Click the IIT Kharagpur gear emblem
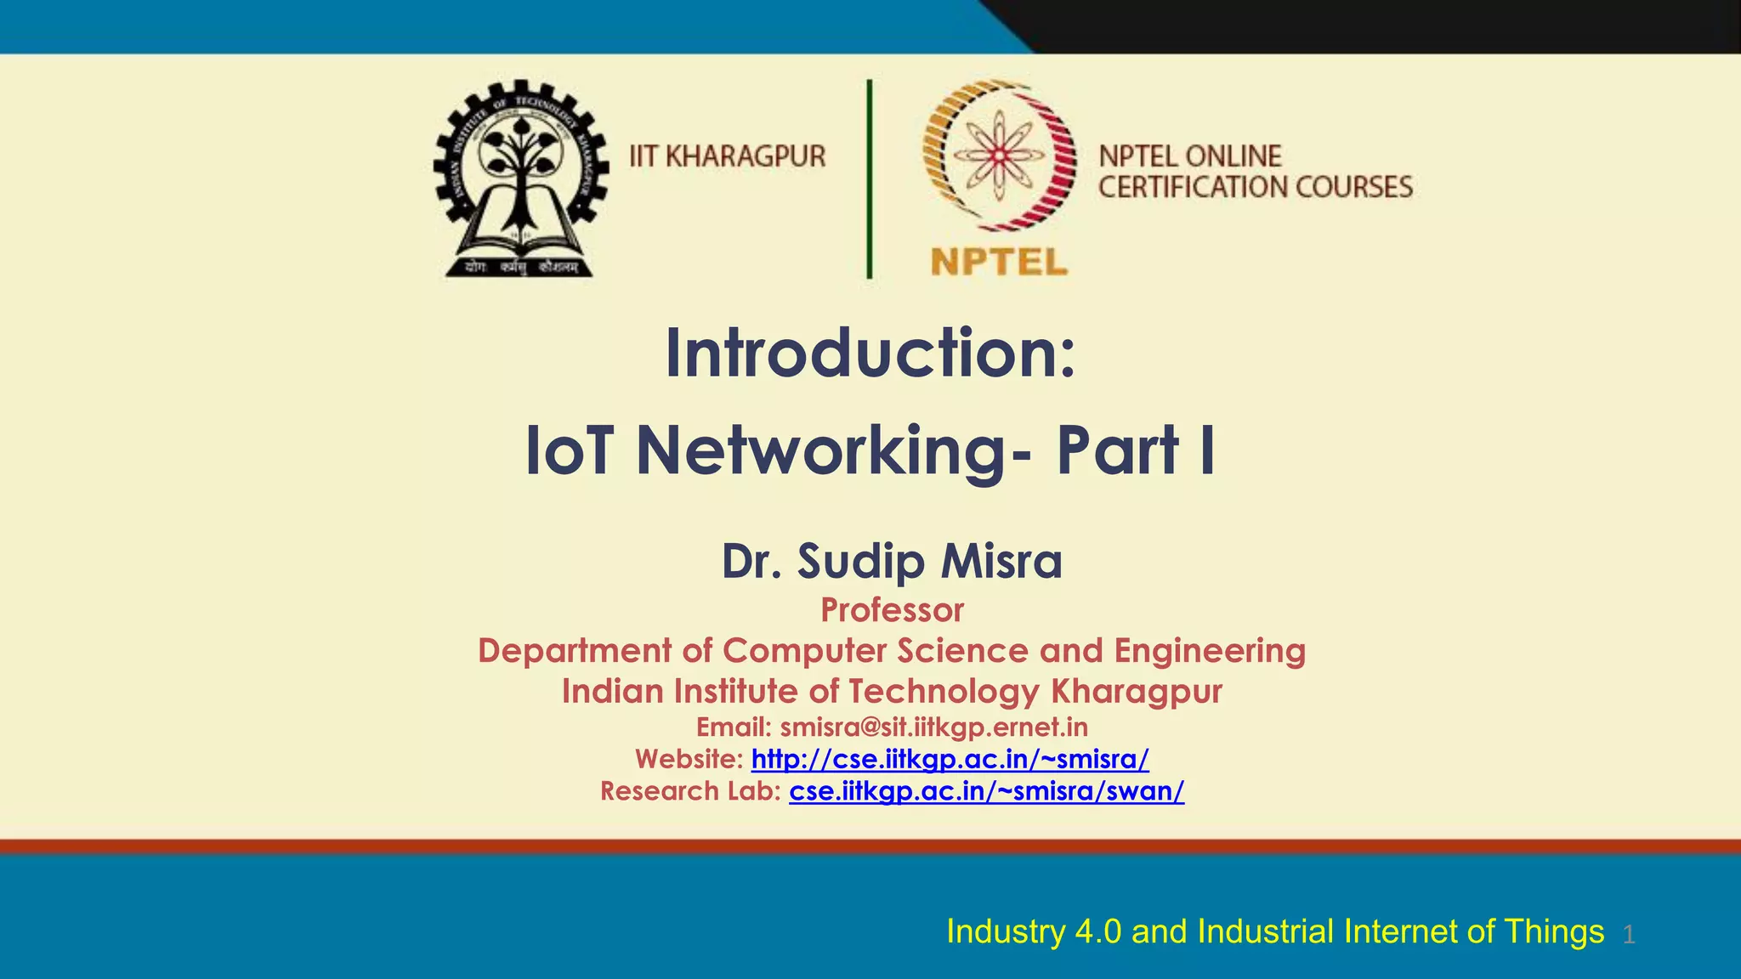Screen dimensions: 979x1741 [x=520, y=178]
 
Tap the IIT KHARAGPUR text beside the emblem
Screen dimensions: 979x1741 [x=728, y=156]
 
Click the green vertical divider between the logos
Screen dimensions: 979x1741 [x=869, y=178]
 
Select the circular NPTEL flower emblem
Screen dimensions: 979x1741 [x=1000, y=155]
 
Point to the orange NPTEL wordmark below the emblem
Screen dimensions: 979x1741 [x=999, y=261]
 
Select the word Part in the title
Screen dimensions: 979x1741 [x=1117, y=450]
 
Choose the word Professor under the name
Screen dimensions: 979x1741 [x=892, y=610]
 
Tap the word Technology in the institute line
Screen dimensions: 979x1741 [x=943, y=691]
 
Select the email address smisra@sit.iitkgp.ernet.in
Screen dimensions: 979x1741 [x=933, y=727]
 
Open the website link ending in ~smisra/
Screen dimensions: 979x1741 [x=950, y=758]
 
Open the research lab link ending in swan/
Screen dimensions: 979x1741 [x=986, y=791]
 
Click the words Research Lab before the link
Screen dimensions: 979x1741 [x=689, y=791]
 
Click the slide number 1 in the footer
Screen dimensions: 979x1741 [x=1628, y=935]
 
